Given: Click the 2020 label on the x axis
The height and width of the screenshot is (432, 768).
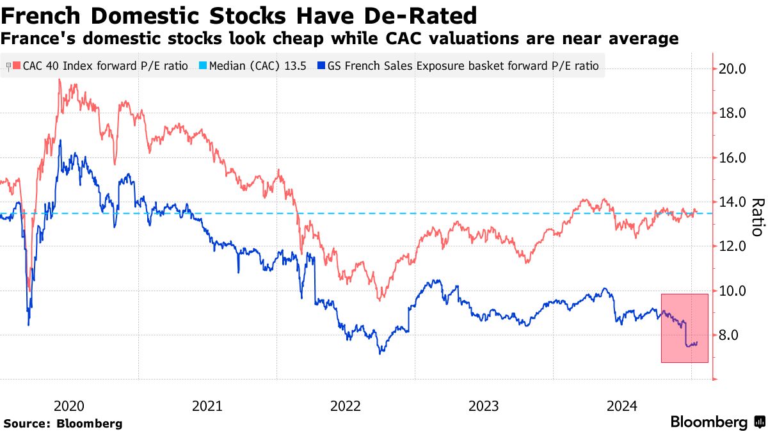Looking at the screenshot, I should click(68, 406).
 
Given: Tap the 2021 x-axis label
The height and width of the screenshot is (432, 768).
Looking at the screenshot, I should click(207, 406).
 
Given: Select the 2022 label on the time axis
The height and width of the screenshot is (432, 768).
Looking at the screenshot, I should click(346, 406).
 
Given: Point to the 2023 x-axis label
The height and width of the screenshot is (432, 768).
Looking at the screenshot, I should click(484, 406).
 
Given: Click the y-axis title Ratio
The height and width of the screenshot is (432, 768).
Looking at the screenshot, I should click(757, 217).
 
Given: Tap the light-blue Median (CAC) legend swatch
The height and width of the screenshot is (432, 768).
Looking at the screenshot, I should click(204, 65).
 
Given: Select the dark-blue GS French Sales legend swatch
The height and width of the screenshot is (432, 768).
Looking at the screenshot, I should click(321, 65).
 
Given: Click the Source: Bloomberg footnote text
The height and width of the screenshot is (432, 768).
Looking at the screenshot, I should click(63, 423).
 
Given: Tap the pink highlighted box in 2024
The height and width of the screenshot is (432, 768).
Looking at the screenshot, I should click(684, 328).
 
